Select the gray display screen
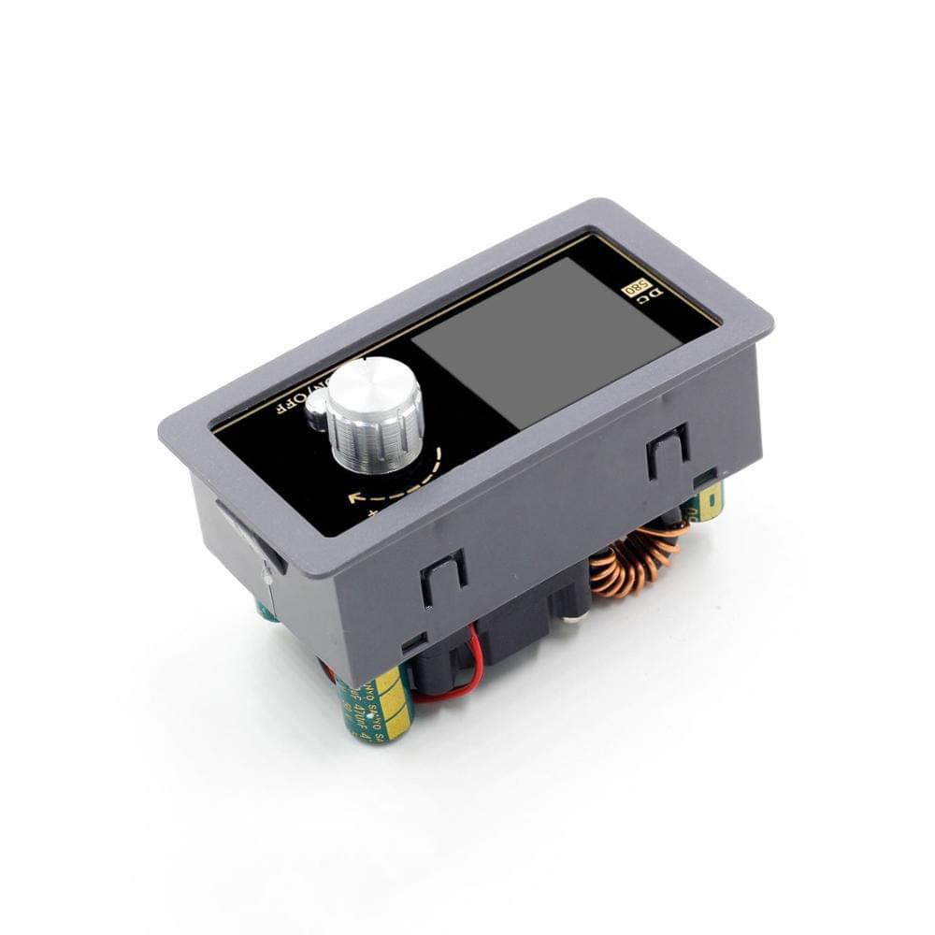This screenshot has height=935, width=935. [x=547, y=337]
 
